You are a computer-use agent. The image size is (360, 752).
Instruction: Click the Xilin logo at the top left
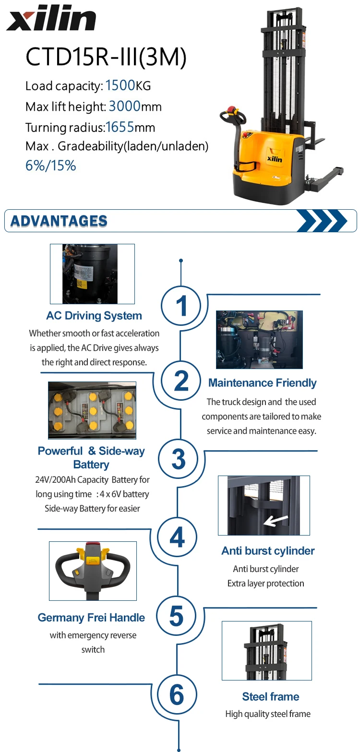(x=51, y=20)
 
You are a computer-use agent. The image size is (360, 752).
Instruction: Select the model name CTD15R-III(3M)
(x=106, y=57)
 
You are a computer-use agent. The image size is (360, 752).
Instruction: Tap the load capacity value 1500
(x=120, y=86)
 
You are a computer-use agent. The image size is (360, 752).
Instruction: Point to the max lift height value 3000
(x=124, y=106)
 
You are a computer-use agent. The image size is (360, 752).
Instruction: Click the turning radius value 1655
(x=120, y=127)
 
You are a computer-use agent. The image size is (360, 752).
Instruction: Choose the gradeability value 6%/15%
(x=50, y=166)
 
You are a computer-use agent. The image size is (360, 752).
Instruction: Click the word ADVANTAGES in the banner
(x=59, y=221)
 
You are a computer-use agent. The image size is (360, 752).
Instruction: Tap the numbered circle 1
(x=181, y=305)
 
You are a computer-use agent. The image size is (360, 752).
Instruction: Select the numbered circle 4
(x=177, y=537)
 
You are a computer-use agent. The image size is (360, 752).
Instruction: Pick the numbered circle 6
(x=177, y=694)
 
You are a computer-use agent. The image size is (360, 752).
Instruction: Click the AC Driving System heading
(x=94, y=316)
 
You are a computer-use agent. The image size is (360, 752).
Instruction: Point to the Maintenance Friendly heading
(x=262, y=383)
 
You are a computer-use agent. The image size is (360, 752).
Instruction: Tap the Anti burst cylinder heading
(x=268, y=551)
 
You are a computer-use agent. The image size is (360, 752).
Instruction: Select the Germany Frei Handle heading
(x=91, y=618)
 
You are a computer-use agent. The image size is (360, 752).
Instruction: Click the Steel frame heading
(x=271, y=697)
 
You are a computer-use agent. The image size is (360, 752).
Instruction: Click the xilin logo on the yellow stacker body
(x=274, y=158)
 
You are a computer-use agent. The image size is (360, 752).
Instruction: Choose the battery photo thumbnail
(x=92, y=410)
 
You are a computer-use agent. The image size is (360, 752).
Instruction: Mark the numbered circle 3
(x=179, y=459)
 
